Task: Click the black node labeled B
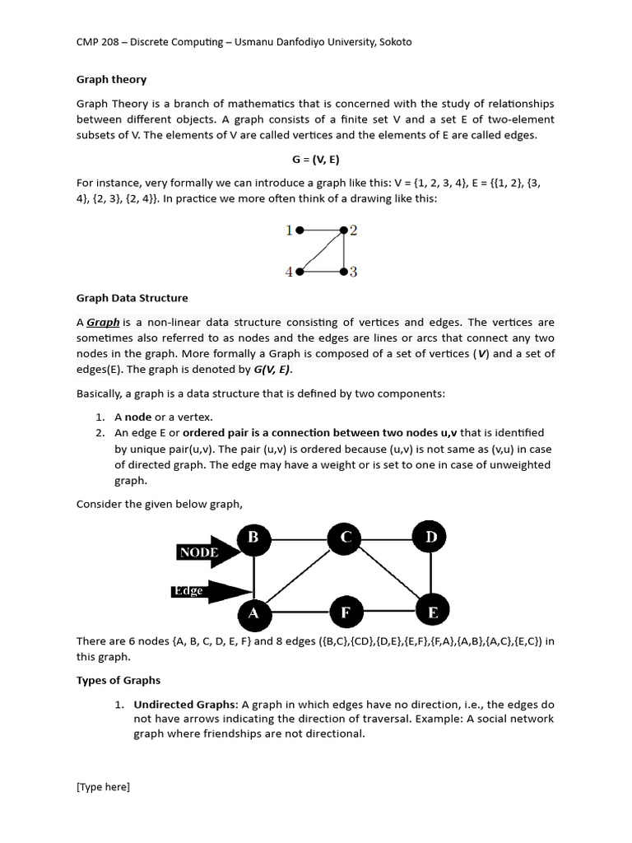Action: [254, 539]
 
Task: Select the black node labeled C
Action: [346, 539]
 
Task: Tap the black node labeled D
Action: [431, 538]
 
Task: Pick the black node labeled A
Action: [254, 612]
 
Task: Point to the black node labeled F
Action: [346, 612]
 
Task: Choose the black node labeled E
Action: [431, 612]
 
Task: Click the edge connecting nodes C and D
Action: [388, 539]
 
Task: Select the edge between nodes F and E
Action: [388, 612]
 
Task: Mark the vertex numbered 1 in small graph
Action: [300, 231]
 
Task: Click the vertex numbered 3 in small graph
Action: [343, 272]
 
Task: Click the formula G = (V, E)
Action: [316, 159]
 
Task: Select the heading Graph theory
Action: [111, 80]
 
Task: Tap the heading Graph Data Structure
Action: [132, 298]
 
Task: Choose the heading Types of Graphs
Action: [118, 680]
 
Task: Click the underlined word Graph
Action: [103, 323]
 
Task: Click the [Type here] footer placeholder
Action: [103, 787]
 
